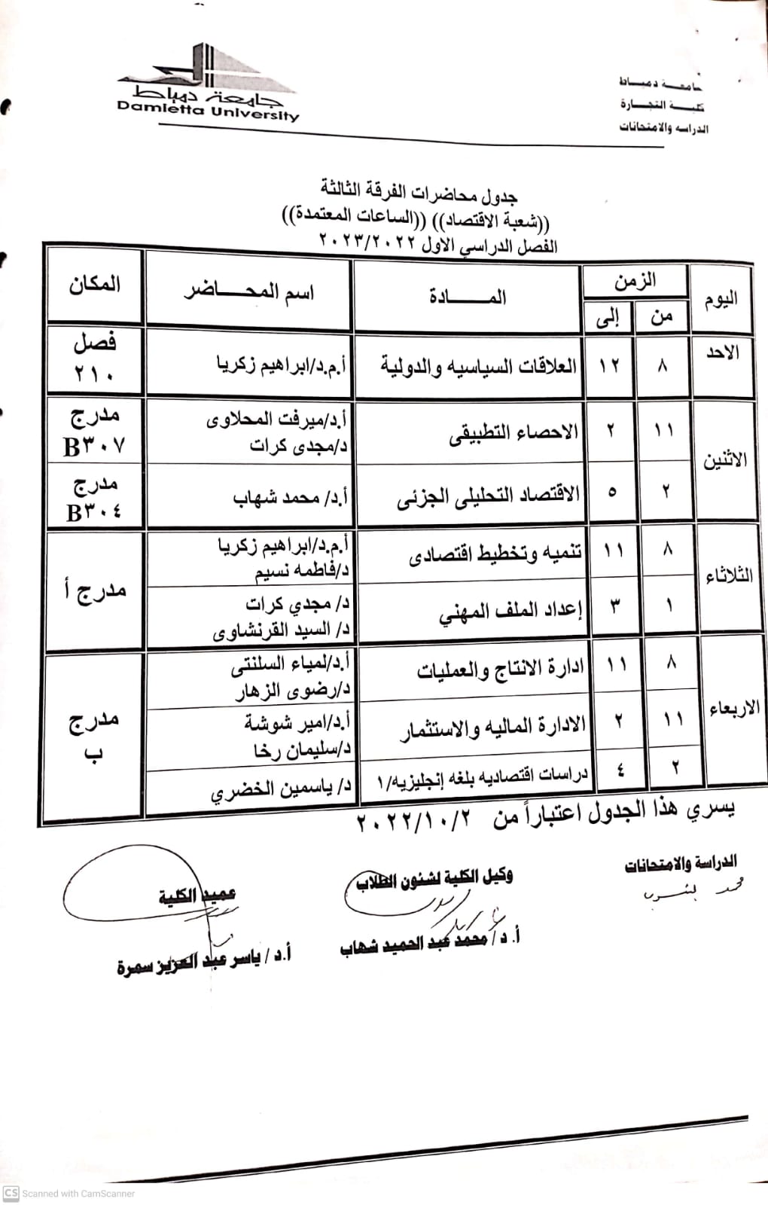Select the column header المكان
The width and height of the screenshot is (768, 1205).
(x=95, y=285)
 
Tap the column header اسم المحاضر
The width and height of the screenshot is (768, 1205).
(x=249, y=291)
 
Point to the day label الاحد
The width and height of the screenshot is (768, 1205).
(x=722, y=352)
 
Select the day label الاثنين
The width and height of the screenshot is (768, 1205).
(x=724, y=459)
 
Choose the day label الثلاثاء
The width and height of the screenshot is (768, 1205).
(x=728, y=577)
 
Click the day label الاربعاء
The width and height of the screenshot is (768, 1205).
(x=733, y=708)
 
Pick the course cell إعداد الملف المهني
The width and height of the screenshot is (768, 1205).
(x=511, y=612)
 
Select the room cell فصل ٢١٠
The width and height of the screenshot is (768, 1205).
(x=95, y=357)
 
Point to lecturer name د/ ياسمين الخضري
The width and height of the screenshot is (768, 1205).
(x=281, y=790)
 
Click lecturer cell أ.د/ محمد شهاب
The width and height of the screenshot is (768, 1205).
(x=290, y=498)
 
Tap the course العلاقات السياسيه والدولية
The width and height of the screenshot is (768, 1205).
(x=478, y=367)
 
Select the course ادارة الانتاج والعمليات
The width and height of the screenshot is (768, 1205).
(x=500, y=669)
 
